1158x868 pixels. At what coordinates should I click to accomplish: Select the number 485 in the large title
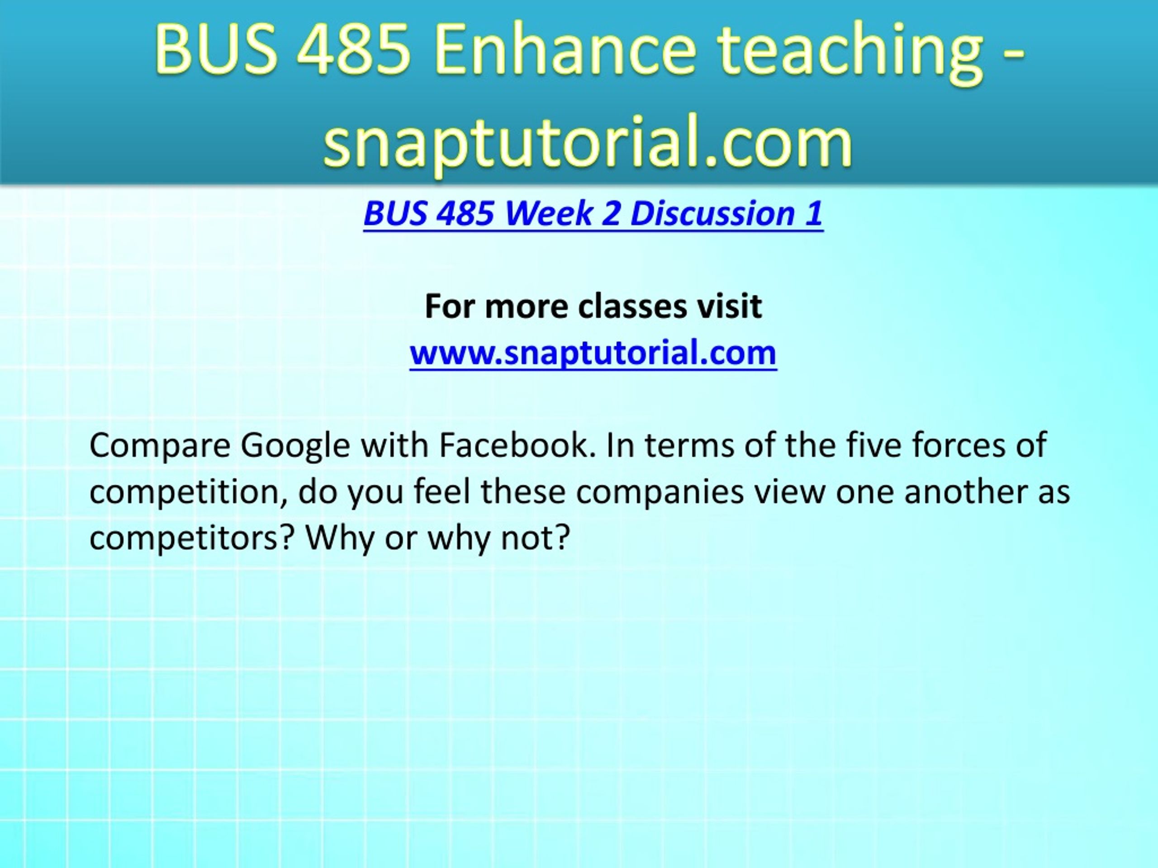point(354,49)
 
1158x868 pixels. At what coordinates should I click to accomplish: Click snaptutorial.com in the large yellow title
point(588,141)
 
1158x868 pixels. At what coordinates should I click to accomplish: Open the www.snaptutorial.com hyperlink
point(593,353)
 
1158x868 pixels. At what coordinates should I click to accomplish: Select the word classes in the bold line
point(632,306)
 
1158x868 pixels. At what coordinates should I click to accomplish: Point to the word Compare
point(160,446)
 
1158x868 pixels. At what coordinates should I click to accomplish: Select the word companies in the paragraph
point(660,493)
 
